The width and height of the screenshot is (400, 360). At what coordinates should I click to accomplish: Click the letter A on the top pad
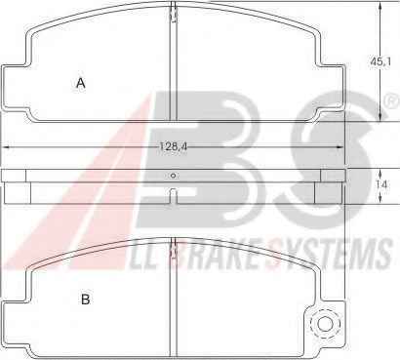pos(81,83)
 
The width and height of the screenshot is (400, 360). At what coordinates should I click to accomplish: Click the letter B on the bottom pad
pos(85,300)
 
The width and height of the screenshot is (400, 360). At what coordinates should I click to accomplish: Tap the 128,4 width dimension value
pos(173,146)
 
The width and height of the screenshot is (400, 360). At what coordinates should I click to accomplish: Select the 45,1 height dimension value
pos(380,61)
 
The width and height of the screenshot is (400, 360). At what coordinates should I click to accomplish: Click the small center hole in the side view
pos(174,176)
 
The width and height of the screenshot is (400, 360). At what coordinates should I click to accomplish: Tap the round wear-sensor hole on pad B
pos(325,324)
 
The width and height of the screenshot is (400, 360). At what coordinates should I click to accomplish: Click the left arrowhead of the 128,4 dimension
pos(7,147)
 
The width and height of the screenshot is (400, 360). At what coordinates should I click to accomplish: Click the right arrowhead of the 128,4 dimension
pos(340,147)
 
